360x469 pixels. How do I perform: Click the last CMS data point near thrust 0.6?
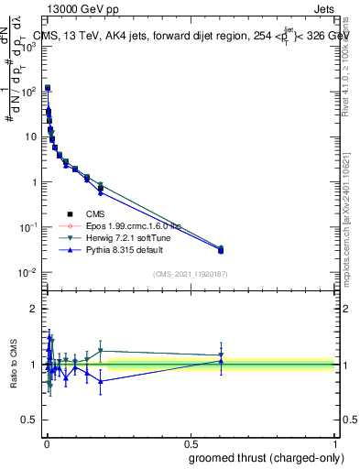221,250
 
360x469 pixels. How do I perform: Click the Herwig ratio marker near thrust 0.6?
221,355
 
